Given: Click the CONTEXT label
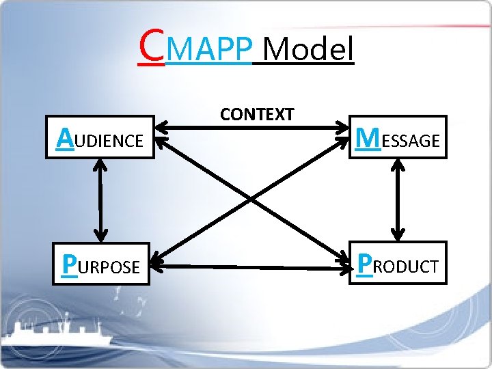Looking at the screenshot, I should [x=256, y=114].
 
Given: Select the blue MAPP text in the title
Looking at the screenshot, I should [x=208, y=50].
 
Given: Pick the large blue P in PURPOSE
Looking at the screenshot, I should [x=68, y=264].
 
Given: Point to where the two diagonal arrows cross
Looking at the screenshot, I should [x=251, y=200].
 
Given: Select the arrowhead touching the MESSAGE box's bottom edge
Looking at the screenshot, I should [x=397, y=165].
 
